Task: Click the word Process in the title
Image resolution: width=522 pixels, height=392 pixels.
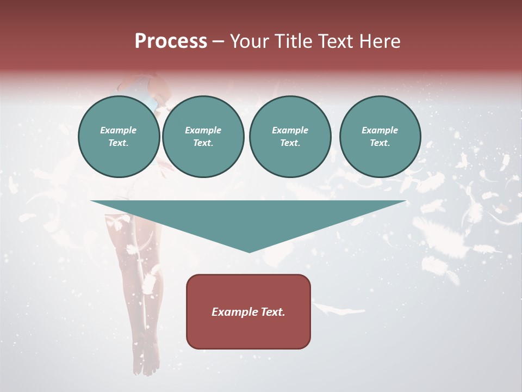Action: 171,41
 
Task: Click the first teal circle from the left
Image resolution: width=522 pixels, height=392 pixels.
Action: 119,137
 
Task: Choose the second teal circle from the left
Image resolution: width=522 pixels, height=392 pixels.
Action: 203,137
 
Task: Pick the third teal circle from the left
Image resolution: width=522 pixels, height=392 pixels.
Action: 290,137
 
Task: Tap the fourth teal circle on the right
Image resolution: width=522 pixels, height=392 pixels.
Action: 380,137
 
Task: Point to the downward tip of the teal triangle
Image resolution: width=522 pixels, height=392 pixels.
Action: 249,251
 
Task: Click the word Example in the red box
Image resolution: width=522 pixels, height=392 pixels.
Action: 234,312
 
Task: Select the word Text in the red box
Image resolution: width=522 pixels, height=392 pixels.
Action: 272,312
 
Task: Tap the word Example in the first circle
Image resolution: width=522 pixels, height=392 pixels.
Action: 119,130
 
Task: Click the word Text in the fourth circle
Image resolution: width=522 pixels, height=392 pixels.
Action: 380,143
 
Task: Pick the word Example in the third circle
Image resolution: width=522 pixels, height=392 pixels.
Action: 290,130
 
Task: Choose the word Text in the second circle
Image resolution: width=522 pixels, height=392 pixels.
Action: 203,143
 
